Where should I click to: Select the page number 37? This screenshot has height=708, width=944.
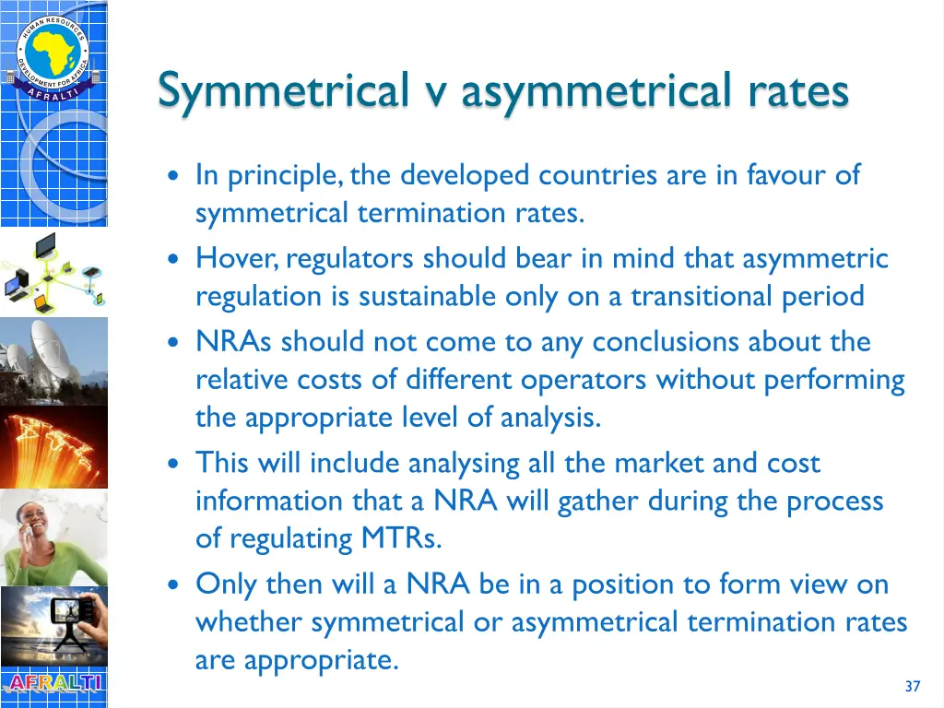click(913, 686)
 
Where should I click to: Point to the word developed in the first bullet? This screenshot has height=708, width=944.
click(465, 175)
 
